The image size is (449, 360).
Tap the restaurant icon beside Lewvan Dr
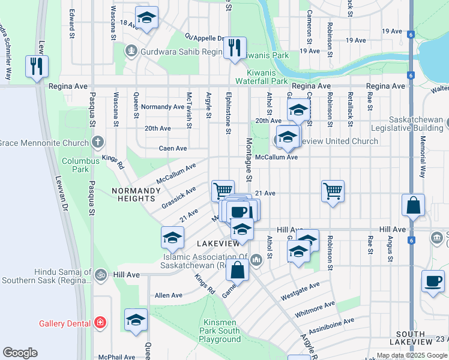pos(37,65)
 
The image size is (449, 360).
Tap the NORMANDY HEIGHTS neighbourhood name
pos(136,194)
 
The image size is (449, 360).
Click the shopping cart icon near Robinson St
pos(332,191)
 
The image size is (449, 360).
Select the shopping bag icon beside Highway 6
pos(413,205)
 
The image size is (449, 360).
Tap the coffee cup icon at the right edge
pos(432,281)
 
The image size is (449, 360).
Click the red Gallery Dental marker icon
pos(100,323)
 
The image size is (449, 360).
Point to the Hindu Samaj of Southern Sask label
pos(46,276)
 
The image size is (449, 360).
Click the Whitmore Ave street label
pos(315,310)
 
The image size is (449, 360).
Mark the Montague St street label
pos(248,159)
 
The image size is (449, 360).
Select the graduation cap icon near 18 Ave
pos(146,19)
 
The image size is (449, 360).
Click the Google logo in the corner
pos(20,353)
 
